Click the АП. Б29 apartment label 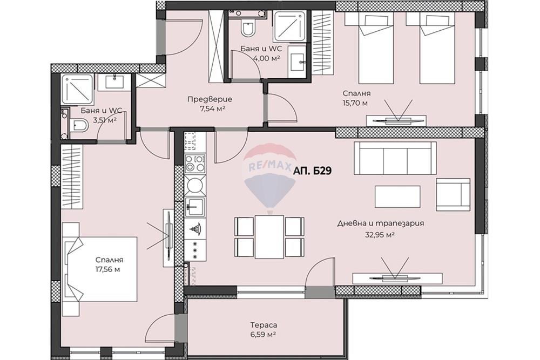coord(312,171)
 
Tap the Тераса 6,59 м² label coord(264,329)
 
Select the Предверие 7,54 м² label coord(210,104)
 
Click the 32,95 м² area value coord(380,235)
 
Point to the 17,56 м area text coord(108,270)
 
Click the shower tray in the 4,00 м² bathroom coord(289,25)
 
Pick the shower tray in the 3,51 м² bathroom coord(77,90)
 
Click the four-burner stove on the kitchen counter coord(195,163)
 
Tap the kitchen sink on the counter coord(195,207)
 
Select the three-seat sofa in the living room coord(395,159)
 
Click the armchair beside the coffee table coord(453,194)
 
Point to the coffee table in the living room coord(397,196)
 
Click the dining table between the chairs coord(269,237)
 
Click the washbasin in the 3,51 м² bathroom coord(113,83)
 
